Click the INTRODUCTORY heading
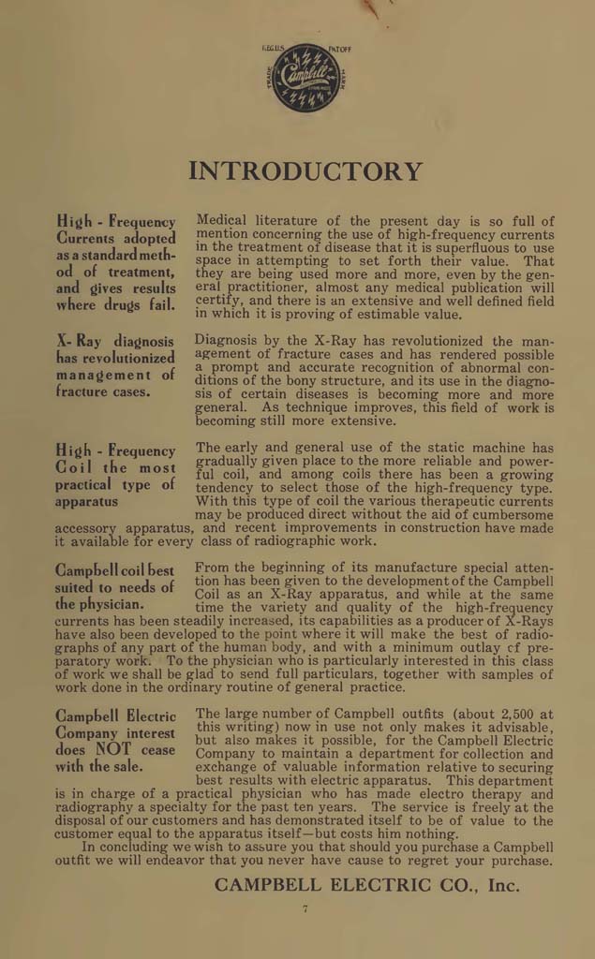click(305, 171)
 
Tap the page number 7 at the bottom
click(305, 909)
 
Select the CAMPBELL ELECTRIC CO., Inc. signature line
click(366, 884)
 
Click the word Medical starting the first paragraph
click(223, 221)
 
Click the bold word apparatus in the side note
click(92, 501)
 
